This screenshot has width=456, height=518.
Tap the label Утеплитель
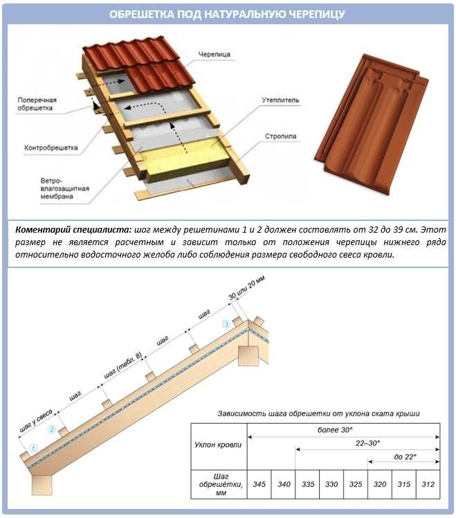pyautogui.click(x=280, y=100)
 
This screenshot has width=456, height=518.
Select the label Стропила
pyautogui.click(x=280, y=136)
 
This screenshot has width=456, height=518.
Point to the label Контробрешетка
pyautogui.click(x=51, y=148)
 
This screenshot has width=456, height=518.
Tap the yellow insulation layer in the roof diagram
pyautogui.click(x=187, y=154)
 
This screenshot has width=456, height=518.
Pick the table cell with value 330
pyautogui.click(x=331, y=483)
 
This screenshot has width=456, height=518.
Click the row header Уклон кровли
pyautogui.click(x=219, y=444)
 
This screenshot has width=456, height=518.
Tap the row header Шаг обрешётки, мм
pyautogui.click(x=219, y=483)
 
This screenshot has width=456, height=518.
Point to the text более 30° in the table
pyautogui.click(x=343, y=429)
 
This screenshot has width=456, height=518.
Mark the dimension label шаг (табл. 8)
pyautogui.click(x=122, y=366)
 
